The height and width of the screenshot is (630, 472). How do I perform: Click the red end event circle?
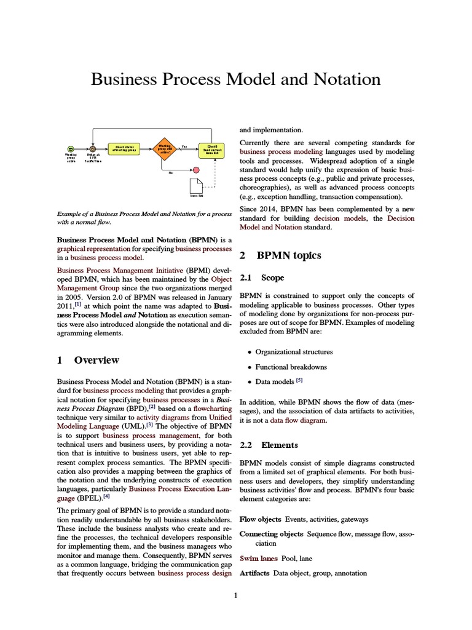pos(196,169)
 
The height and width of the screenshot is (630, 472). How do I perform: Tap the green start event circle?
pos(71,148)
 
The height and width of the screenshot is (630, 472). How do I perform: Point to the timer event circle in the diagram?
pos(93,148)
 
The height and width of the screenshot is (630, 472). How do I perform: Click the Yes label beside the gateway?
pos(184,146)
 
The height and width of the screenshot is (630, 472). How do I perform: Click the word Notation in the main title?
pos(347,79)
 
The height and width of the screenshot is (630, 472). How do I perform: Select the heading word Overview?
pos(96,360)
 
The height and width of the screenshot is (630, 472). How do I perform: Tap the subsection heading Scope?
pos(272,278)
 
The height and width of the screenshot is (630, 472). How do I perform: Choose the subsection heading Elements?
pos(279,445)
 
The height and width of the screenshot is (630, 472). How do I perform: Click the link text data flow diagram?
pos(298,421)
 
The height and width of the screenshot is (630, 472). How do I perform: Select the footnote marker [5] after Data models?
pos(299,381)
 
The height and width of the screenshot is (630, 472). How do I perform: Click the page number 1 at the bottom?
pos(235,596)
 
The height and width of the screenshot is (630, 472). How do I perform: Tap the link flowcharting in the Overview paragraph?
pos(211,407)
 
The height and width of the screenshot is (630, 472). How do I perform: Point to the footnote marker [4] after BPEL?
pos(107,496)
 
